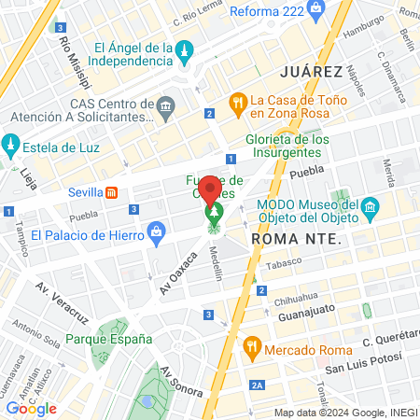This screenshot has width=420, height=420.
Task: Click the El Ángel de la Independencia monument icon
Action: (x=186, y=49)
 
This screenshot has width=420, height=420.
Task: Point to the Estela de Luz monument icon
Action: (x=11, y=145)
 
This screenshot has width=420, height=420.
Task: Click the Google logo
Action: (x=31, y=409)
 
